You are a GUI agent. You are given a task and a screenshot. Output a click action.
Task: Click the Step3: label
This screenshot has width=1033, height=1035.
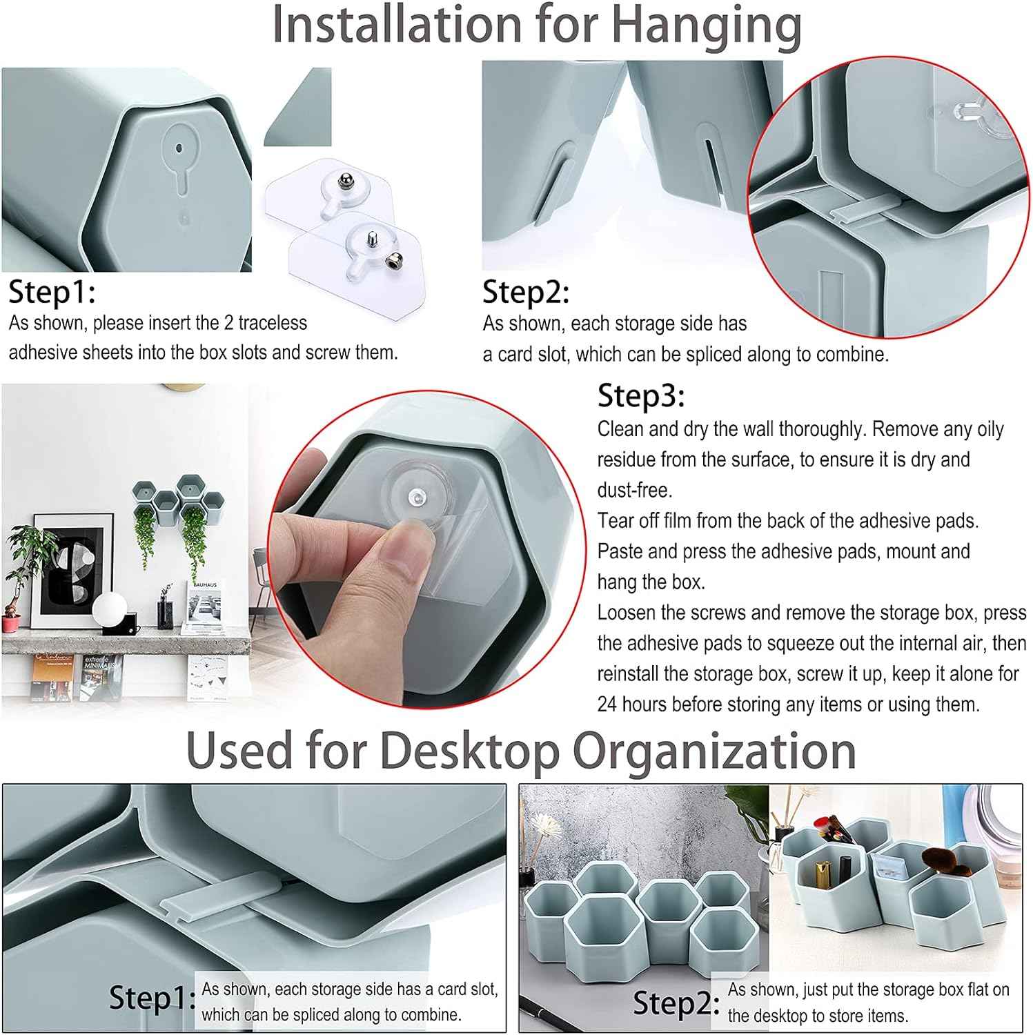coord(640,396)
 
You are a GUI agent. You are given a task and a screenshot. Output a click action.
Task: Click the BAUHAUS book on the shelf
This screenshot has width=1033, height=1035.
coord(204,607)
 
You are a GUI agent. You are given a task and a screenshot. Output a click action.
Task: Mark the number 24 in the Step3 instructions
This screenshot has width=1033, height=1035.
coord(607,704)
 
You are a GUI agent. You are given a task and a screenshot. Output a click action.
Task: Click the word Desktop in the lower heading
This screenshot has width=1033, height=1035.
coord(469,750)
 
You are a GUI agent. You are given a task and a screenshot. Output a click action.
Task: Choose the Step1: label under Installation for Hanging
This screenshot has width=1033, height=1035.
coord(52,293)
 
